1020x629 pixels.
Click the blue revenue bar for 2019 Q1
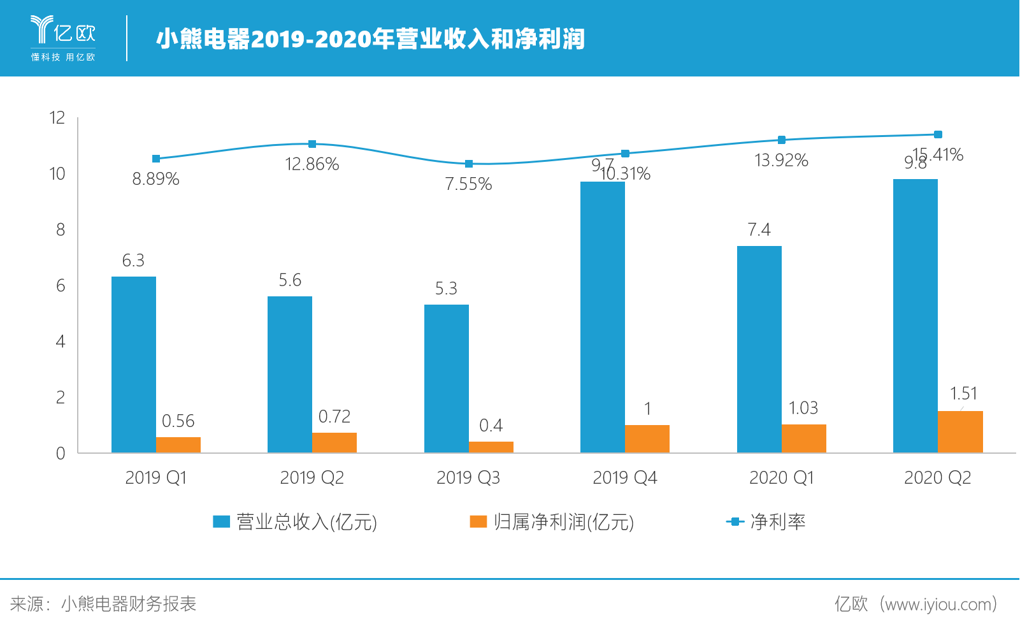coord(133,365)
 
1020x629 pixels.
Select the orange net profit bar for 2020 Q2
coord(960,432)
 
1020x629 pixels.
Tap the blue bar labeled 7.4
coord(759,349)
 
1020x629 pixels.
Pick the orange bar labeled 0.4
coord(491,447)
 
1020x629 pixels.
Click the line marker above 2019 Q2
coord(312,144)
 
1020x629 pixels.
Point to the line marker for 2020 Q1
coord(782,140)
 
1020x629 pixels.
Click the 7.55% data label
coord(468,184)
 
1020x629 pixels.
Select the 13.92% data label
coord(781,161)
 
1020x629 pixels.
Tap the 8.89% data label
coord(155,179)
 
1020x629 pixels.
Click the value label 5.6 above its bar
coord(290,280)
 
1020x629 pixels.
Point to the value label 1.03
coord(803,408)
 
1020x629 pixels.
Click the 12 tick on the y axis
coord(57,117)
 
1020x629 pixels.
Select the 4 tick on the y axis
coord(61,342)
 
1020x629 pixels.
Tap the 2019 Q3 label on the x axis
coord(468,478)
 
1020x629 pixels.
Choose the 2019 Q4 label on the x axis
coord(624,478)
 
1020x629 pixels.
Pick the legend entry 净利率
coord(766,522)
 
